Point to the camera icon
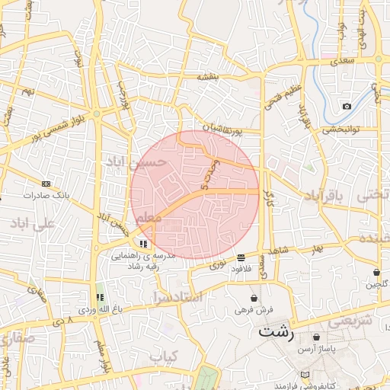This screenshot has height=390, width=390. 347,106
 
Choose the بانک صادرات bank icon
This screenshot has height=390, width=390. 46,184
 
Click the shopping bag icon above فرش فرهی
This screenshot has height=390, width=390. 254,298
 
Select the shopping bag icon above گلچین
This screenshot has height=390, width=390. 376,272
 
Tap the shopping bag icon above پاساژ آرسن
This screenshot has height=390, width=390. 316,337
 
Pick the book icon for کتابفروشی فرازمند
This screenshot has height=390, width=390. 305,376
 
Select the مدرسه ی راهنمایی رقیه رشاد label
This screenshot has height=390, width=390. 144,261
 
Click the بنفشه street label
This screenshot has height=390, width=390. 209,76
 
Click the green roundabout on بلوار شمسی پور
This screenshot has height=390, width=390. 97,114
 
